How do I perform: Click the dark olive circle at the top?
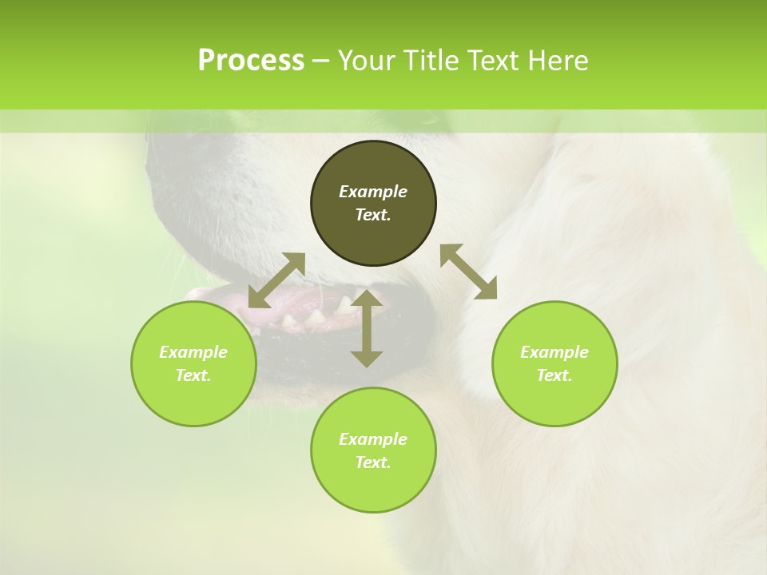click(x=373, y=204)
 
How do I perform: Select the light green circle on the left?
click(x=193, y=363)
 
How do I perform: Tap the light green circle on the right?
click(x=554, y=363)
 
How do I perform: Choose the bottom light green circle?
click(x=373, y=450)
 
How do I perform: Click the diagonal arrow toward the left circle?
click(x=276, y=280)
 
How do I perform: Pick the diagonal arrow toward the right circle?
click(x=468, y=272)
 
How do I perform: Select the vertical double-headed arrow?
click(x=367, y=328)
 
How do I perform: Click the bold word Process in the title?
click(x=251, y=61)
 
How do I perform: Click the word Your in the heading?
click(x=366, y=61)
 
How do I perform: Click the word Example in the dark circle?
click(x=373, y=192)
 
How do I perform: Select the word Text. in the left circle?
click(x=193, y=375)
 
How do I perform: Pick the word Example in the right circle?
click(x=554, y=352)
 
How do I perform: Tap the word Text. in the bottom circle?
click(x=373, y=462)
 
